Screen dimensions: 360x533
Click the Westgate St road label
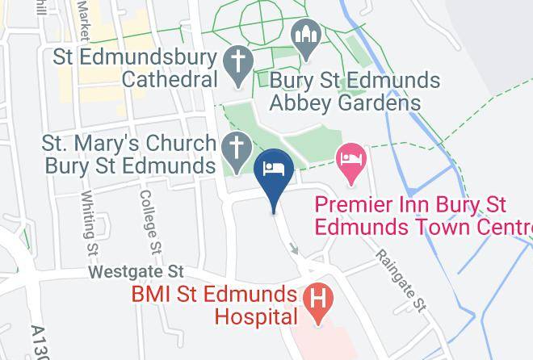137,271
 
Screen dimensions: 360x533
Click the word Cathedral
170,80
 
